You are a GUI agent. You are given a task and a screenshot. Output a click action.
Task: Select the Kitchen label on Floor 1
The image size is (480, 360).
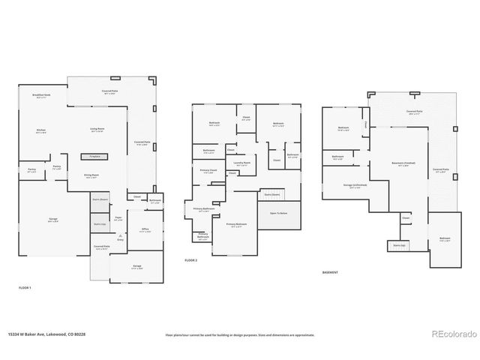coord(41,130)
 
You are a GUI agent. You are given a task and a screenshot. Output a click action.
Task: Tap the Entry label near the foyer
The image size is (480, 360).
coord(120,239)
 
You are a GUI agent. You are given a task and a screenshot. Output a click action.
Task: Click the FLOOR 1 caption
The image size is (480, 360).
coord(25,287)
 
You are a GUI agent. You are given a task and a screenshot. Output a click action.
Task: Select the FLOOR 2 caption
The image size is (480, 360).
coord(190,260)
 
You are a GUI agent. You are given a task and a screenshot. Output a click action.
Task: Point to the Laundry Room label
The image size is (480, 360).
coord(241,163)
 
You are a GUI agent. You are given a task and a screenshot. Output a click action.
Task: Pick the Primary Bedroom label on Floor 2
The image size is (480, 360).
coord(236,224)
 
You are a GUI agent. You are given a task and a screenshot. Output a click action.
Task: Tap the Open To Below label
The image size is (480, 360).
coord(279,213)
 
